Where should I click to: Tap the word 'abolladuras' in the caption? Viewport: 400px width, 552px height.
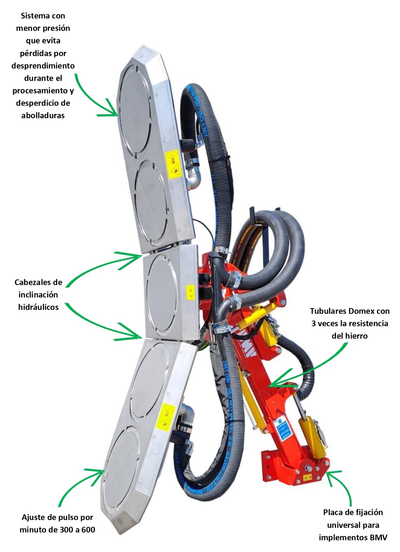[x=43, y=116]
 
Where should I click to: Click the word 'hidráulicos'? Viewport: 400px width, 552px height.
[x=38, y=307]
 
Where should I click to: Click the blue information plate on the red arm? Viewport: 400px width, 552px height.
[x=283, y=429]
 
